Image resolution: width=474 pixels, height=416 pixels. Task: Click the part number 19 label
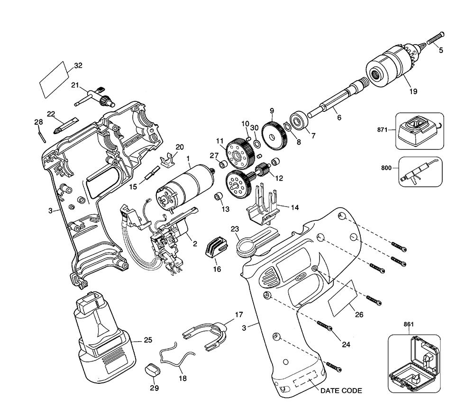(413, 91)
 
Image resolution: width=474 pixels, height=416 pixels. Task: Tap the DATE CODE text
(341, 391)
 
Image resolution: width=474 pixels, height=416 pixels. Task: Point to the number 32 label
(79, 66)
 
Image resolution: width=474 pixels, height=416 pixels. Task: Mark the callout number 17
(238, 314)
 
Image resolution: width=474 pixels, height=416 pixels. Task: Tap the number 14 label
(295, 207)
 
